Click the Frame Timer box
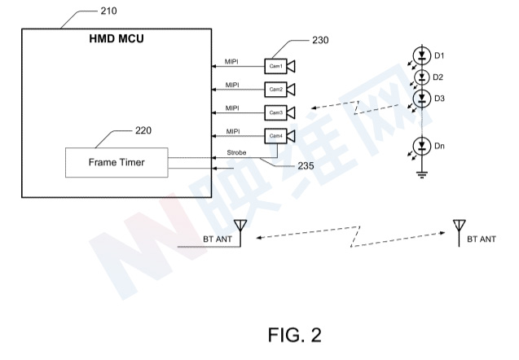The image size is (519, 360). (x=116, y=162)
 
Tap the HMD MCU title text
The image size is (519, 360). (x=116, y=42)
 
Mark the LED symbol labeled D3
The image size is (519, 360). (x=421, y=99)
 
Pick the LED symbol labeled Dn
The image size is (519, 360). (x=421, y=147)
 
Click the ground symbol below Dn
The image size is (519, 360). (x=421, y=171)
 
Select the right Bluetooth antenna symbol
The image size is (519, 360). (x=458, y=226)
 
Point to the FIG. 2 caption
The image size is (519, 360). (x=294, y=334)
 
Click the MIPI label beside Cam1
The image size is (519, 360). (x=231, y=61)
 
